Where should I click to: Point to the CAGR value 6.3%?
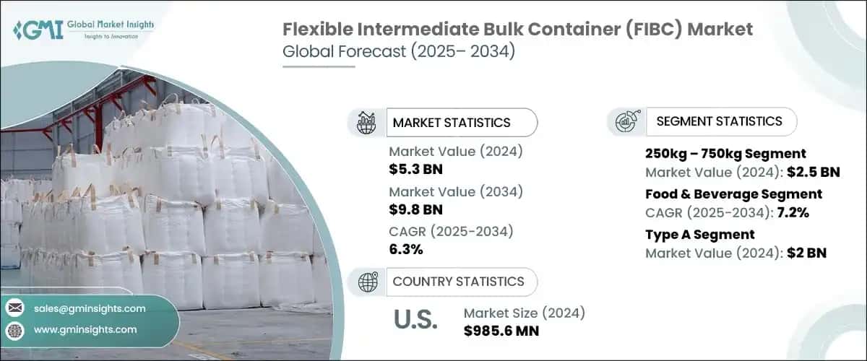point(406,250)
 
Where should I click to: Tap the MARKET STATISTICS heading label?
point(452,123)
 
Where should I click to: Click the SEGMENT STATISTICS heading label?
point(719,121)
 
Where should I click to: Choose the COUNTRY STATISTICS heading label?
point(459,282)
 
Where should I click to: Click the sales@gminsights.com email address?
point(90,308)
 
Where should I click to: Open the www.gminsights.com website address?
point(85,329)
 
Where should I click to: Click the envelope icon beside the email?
point(14,308)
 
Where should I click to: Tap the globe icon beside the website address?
point(14,329)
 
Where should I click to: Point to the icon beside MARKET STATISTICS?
point(367,123)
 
